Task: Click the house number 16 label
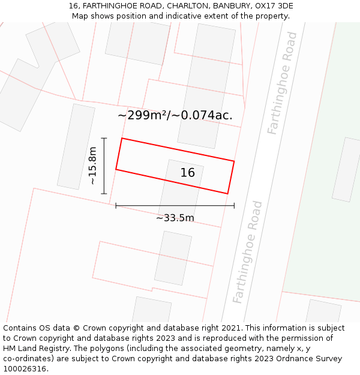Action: tap(188, 173)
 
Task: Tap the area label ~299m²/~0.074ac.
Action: tap(175, 115)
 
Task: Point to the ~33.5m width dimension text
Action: tap(175, 218)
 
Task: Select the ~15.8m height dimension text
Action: tap(92, 166)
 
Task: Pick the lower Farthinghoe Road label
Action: tap(247, 252)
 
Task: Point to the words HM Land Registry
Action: tap(35, 349)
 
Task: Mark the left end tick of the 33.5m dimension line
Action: tap(116, 206)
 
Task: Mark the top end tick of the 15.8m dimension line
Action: tap(104, 139)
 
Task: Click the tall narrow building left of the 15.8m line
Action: tap(76, 146)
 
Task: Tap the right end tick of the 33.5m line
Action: tap(234, 206)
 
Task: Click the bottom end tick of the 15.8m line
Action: tap(104, 194)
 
